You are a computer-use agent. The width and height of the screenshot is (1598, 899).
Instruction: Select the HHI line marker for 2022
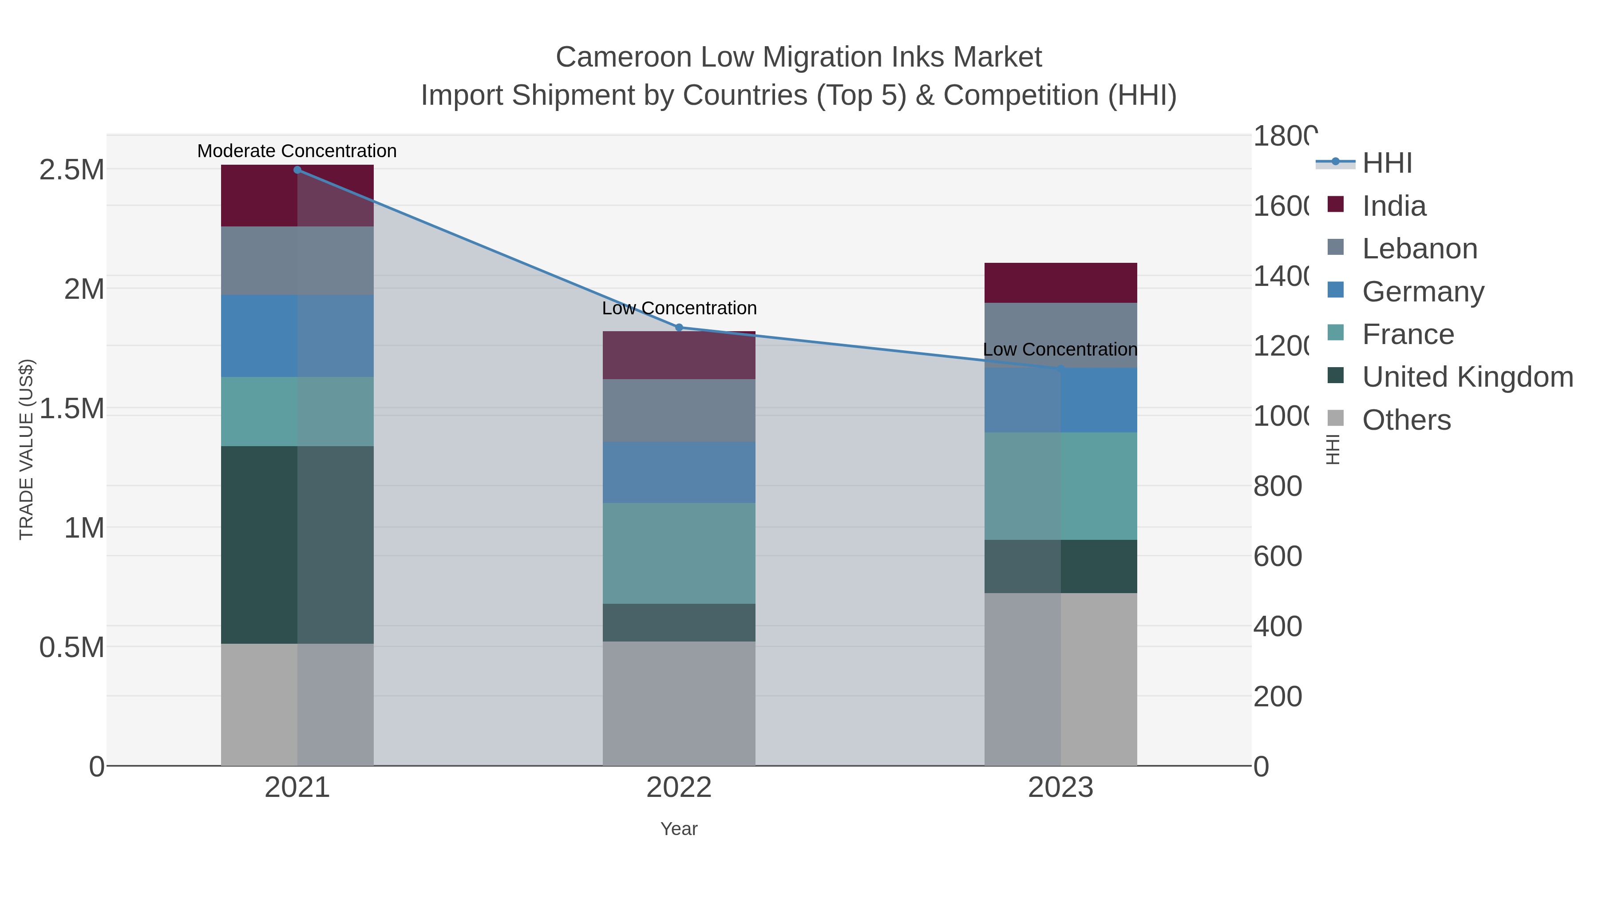679,328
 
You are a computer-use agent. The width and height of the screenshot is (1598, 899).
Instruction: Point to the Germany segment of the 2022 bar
679,472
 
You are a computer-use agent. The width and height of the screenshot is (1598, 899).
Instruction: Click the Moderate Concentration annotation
297,151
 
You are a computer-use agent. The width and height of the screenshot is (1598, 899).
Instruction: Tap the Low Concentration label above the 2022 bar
679,309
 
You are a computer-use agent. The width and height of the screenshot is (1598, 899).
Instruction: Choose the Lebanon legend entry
1420,249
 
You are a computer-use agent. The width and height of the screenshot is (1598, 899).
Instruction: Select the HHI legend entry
1387,163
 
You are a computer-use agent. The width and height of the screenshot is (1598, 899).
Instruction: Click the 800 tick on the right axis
1277,487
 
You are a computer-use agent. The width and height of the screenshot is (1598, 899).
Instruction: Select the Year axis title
679,829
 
